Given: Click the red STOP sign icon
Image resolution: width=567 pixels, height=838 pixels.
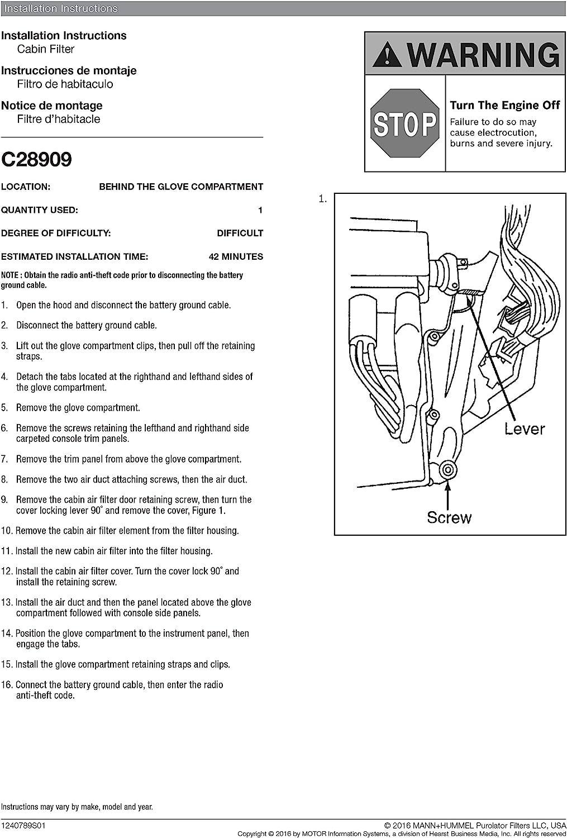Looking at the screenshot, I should point(405,124).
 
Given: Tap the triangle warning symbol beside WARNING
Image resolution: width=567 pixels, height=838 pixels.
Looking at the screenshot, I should point(385,55).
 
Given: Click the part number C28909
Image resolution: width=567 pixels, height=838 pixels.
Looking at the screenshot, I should point(37,160).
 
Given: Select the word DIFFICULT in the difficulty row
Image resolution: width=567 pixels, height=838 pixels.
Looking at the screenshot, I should point(240,233).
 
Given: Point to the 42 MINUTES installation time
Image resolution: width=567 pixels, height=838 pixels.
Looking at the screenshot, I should point(235,256).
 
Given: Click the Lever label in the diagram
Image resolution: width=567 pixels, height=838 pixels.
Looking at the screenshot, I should point(524,428).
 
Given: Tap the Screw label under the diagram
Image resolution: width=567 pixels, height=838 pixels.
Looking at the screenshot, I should point(449,517).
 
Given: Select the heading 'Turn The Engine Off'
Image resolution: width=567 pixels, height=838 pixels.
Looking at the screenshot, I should point(504,105).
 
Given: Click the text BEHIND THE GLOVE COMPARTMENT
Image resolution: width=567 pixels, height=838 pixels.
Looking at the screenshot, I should point(181,187).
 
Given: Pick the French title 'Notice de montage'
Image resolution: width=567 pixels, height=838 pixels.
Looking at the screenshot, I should point(51,106).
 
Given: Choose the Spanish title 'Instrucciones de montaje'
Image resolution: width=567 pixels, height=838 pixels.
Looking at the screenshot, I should point(69,70).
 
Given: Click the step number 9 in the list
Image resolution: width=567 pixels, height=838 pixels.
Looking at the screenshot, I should point(4,499).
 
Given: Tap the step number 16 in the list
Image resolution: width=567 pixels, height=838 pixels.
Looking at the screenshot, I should point(6,685).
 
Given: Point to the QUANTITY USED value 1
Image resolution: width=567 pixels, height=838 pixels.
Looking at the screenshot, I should point(260,210).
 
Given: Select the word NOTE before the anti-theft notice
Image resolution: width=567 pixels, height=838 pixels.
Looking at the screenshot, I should point(9,275).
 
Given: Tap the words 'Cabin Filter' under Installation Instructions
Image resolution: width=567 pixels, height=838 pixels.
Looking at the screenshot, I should point(46,49).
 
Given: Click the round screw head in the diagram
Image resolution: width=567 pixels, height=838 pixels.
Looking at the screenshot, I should point(446,468).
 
